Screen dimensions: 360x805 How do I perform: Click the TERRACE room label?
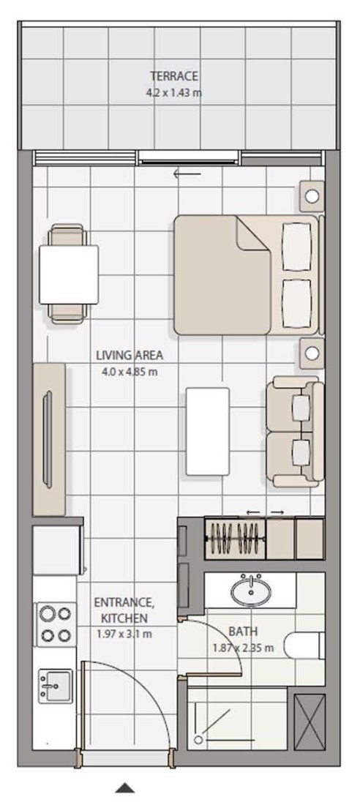174,77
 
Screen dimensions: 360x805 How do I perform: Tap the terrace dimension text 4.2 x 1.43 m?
174,94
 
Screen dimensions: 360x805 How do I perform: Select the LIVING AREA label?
130,355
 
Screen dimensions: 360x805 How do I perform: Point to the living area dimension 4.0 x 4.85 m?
130,372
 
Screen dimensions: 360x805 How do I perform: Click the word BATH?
243,631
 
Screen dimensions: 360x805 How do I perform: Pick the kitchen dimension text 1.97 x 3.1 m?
124,634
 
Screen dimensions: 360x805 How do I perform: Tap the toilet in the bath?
304,645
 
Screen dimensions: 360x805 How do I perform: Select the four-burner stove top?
56,624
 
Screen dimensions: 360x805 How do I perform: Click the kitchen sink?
56,686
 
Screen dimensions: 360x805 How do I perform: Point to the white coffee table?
208,432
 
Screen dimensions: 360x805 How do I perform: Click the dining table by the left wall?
68,274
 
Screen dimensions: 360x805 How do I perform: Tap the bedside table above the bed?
312,195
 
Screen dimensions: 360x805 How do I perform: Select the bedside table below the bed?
312,353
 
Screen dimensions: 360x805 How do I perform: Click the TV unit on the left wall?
49,440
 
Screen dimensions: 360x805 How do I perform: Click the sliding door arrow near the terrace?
187,174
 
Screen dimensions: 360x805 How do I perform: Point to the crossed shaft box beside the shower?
310,722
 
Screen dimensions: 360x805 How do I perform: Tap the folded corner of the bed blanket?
252,233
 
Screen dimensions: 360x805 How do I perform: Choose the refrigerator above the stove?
58,550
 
